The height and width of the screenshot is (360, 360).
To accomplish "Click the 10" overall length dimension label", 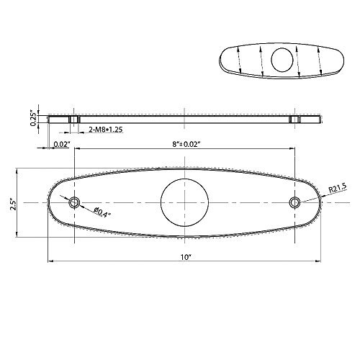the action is [x=186, y=257].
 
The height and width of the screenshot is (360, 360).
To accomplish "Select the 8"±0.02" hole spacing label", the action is [x=186, y=144].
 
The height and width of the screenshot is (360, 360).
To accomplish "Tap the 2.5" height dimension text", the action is [x=13, y=204].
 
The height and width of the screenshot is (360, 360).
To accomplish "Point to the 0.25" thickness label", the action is [x=33, y=117].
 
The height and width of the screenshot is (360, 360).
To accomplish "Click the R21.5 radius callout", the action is [x=337, y=188].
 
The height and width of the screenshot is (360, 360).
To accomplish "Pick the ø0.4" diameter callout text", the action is [x=103, y=212].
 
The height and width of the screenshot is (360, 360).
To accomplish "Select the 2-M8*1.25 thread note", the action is [x=106, y=130].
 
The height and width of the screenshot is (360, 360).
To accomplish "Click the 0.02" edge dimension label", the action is [x=62, y=144].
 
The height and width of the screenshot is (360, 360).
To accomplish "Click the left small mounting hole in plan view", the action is [x=74, y=202].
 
